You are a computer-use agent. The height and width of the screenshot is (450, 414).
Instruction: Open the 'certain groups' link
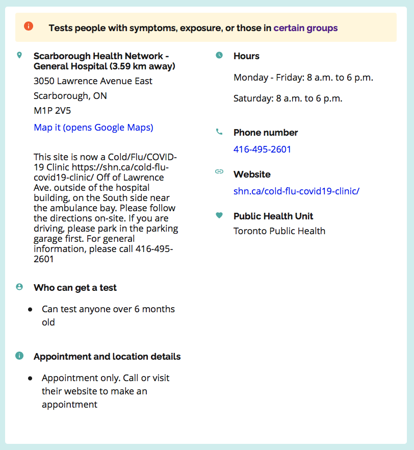pos(305,28)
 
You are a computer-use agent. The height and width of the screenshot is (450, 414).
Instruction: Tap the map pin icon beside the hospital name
pos(19,55)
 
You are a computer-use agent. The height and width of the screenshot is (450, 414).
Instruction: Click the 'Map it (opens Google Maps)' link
pos(93,127)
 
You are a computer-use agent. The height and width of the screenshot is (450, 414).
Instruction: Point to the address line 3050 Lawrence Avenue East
pos(93,81)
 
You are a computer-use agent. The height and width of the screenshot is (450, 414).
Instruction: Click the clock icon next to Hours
pos(219,55)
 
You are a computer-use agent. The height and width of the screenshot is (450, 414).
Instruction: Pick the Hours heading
pos(246,56)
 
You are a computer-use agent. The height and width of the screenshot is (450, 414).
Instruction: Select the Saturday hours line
pos(288,98)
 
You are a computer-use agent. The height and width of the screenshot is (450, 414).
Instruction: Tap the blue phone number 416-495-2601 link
pos(262,149)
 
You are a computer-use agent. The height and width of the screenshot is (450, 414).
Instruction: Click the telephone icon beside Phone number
pos(219,132)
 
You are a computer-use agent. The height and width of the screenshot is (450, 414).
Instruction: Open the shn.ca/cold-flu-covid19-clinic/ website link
pos(296,191)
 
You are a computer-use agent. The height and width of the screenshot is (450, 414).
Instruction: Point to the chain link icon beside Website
pos(219,171)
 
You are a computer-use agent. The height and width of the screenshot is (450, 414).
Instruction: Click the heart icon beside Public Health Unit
pos(219,215)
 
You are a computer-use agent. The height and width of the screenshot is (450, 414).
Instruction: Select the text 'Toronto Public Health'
pos(279,231)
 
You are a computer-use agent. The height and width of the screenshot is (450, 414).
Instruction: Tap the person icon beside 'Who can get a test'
pos(19,287)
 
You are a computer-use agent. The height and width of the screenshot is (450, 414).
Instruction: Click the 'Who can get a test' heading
pos(75,288)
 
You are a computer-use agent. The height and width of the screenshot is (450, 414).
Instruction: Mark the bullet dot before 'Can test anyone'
pos(31,309)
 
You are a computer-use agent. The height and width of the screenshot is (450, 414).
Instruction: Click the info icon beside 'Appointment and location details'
pos(19,356)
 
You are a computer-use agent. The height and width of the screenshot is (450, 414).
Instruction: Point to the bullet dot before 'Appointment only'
pos(31,378)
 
